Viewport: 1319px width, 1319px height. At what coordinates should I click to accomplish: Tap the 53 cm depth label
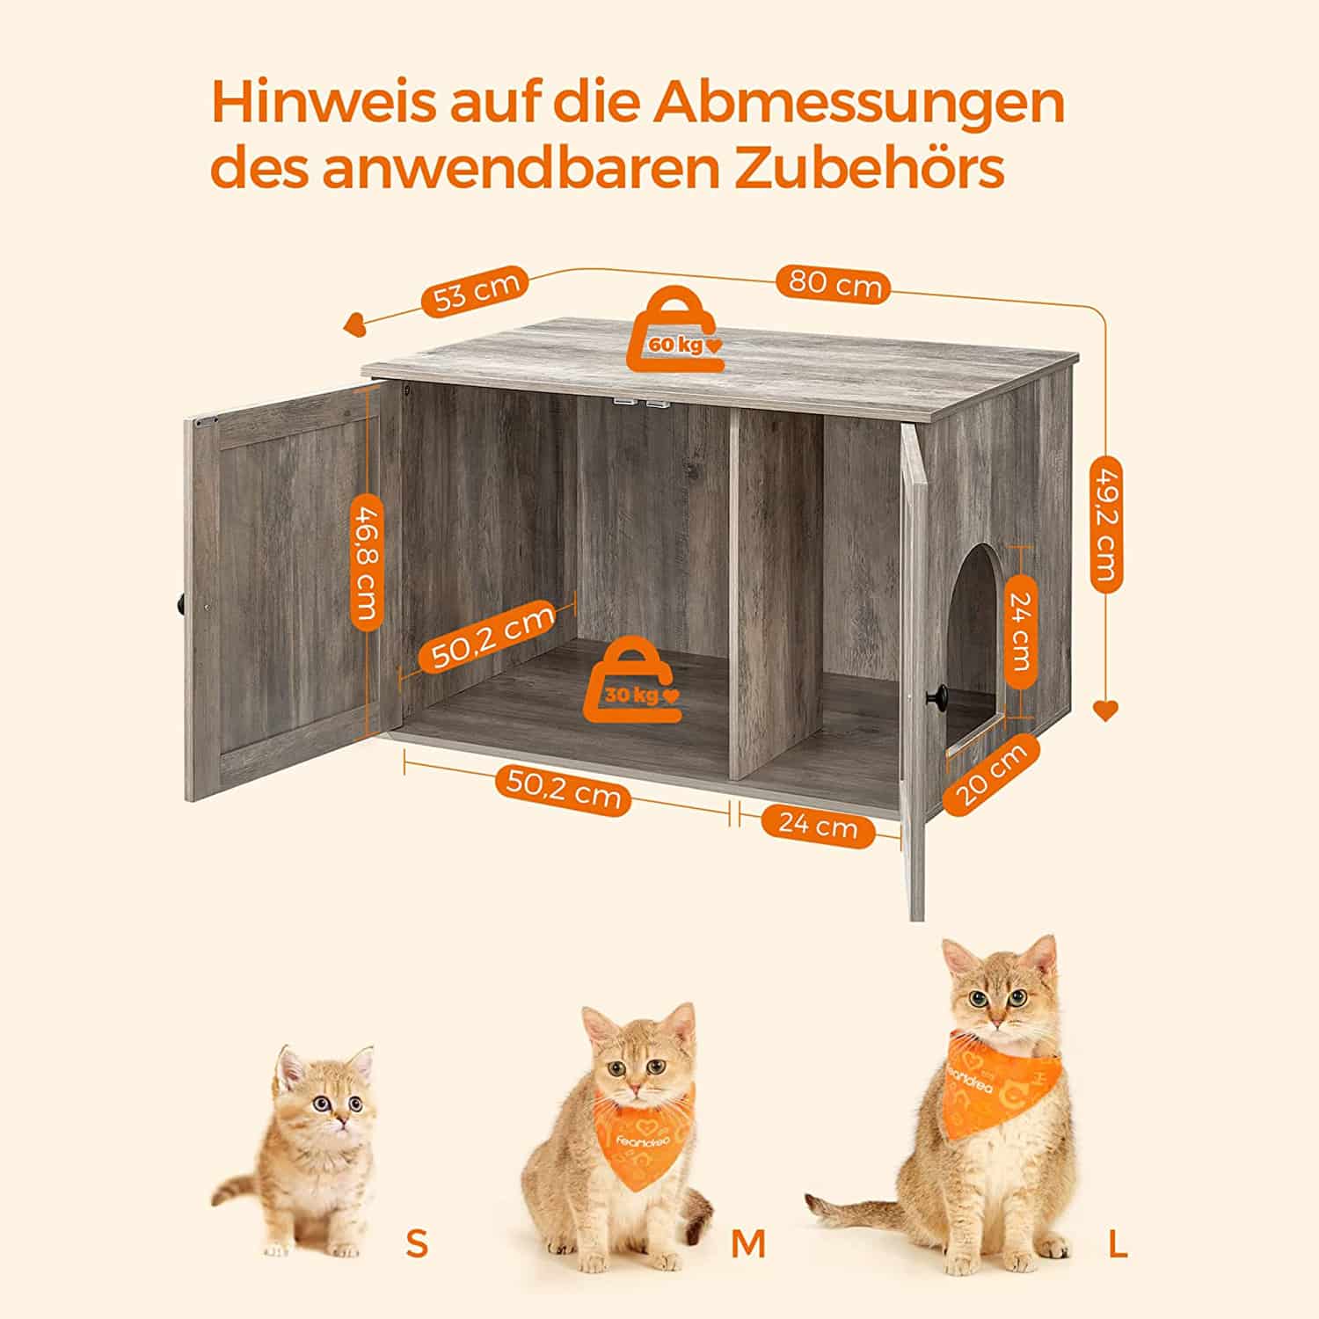pyautogui.click(x=476, y=290)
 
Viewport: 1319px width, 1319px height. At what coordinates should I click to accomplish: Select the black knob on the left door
pyautogui.click(x=179, y=604)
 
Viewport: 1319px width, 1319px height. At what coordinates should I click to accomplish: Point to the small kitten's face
pyautogui.click(x=327, y=1099)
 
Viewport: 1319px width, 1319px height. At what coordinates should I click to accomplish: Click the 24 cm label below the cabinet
pyautogui.click(x=817, y=827)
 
